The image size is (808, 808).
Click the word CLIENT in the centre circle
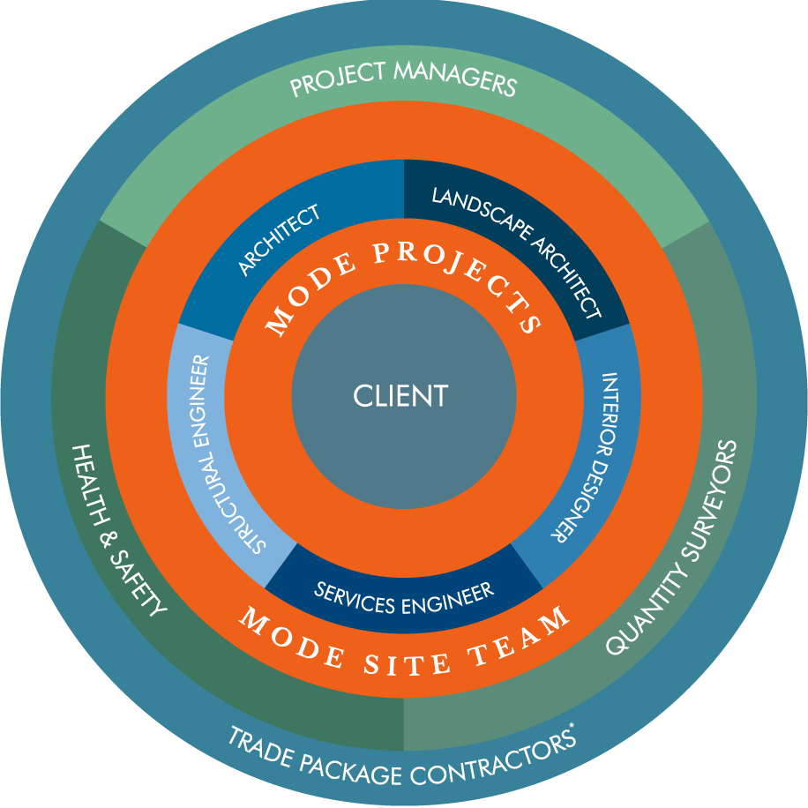click(400, 395)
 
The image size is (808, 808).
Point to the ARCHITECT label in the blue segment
click(280, 240)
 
